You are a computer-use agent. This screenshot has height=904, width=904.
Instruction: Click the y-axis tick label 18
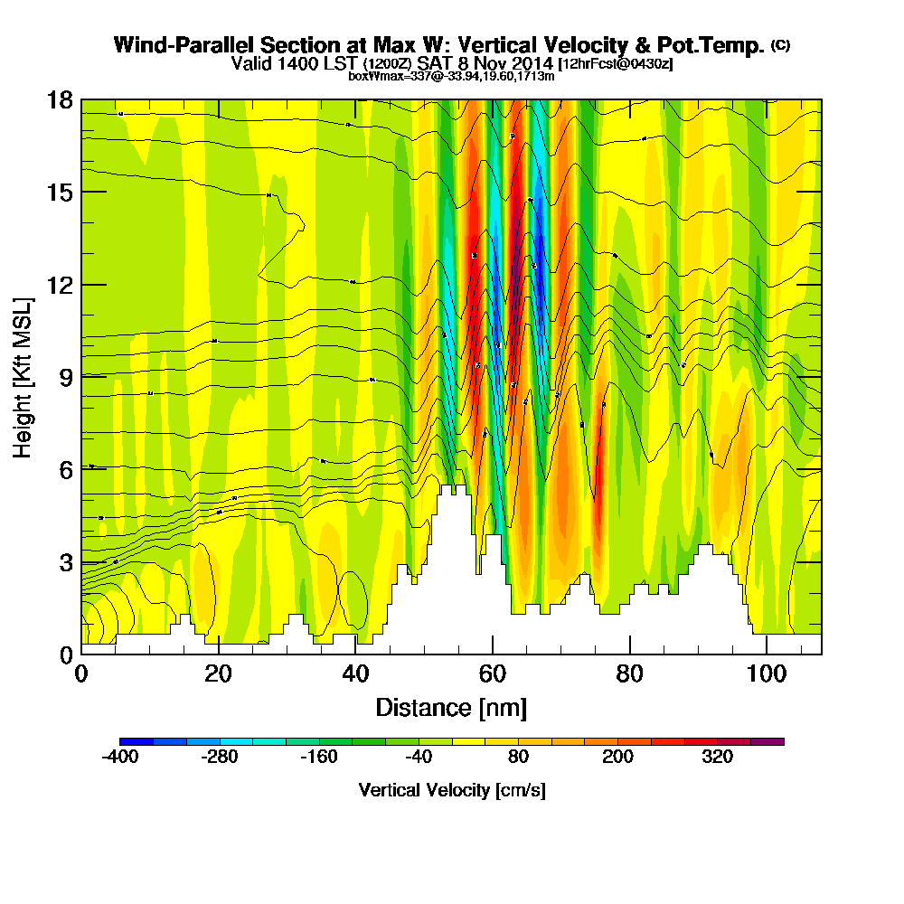(x=59, y=99)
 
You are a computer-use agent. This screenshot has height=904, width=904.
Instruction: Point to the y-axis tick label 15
(x=59, y=193)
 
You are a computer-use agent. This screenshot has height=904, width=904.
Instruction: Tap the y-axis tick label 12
(x=59, y=285)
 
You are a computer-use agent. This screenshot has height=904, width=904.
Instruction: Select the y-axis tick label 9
(x=64, y=377)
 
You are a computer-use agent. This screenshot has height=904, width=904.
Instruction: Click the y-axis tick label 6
(x=64, y=469)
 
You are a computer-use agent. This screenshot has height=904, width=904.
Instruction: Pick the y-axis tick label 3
(x=64, y=562)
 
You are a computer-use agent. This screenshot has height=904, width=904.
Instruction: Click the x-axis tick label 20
(x=219, y=674)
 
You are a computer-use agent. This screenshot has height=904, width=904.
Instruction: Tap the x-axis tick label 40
(x=355, y=674)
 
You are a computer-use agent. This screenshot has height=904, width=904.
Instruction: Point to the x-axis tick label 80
(x=629, y=674)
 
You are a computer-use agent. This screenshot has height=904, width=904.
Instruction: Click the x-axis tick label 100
(x=766, y=674)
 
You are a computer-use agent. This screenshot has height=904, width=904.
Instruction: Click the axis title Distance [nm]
(x=451, y=707)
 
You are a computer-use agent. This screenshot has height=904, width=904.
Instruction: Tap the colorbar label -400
(x=120, y=758)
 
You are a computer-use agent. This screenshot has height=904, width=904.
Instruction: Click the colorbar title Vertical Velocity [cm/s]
(x=452, y=790)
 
